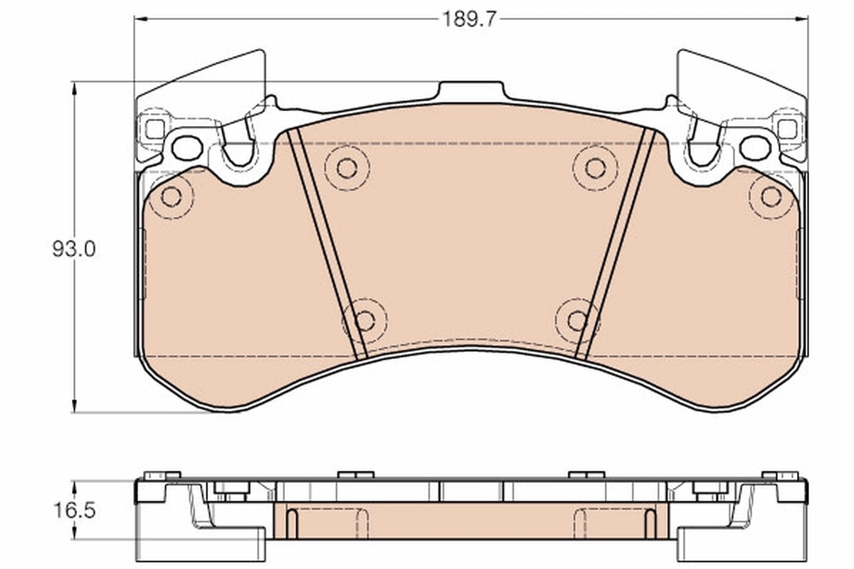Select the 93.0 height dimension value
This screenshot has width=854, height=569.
point(73,249)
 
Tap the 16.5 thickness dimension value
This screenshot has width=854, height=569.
point(73,510)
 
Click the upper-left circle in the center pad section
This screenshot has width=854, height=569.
point(347,168)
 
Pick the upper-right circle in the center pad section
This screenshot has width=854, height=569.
point(595,168)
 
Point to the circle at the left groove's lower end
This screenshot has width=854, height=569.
point(364,321)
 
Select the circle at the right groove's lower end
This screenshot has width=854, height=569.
point(577,321)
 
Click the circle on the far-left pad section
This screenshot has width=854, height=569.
point(171,197)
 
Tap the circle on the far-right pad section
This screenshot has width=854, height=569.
point(771,197)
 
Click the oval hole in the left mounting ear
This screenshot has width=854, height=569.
point(187,148)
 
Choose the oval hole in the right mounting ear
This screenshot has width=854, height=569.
point(755,148)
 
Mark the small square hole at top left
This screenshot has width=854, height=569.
point(154,129)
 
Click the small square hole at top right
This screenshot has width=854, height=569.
point(787,129)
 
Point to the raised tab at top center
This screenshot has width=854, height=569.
point(471,91)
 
